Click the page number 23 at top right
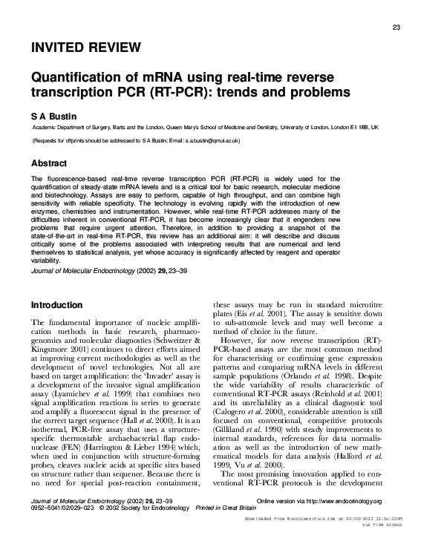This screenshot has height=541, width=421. (396, 27)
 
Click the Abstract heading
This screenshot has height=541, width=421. (50, 163)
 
